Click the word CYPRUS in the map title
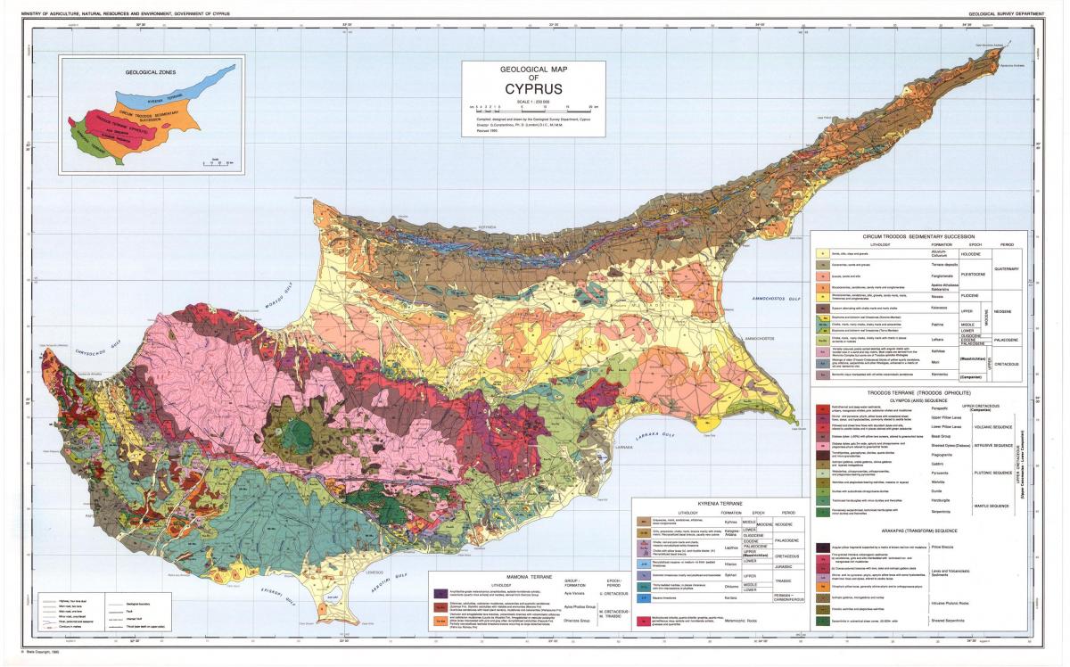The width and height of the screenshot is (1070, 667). [x=533, y=90]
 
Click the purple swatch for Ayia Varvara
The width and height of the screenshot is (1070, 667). [x=441, y=592]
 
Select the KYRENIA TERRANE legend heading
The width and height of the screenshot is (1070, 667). [x=716, y=503]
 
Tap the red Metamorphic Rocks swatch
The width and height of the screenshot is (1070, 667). [x=642, y=619]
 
